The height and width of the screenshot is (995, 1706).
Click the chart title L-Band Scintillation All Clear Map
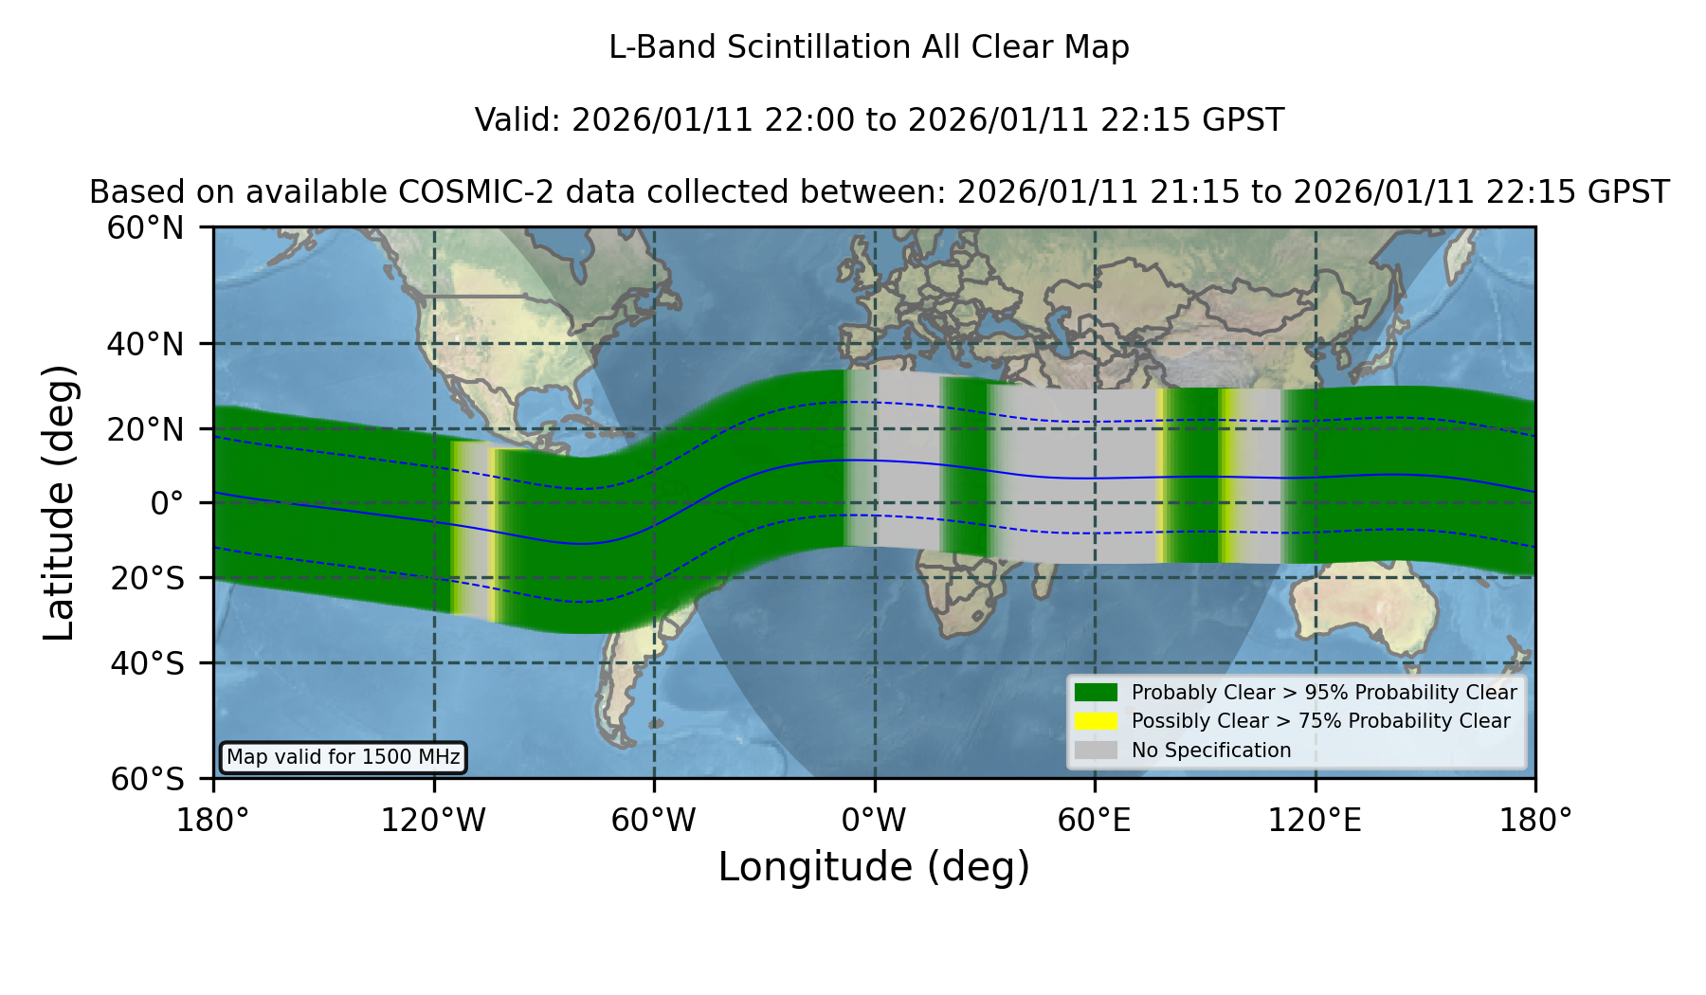(868, 47)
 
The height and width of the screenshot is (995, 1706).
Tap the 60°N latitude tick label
(145, 227)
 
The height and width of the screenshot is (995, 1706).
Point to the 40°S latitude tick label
(147, 663)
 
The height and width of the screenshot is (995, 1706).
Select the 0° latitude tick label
(167, 503)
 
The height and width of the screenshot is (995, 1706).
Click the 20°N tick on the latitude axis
(145, 429)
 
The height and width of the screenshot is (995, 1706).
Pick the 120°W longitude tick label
(433, 820)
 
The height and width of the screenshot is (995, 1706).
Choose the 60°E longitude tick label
(1095, 820)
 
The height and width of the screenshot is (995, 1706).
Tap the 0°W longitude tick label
(874, 820)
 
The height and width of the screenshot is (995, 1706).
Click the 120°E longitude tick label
(1315, 820)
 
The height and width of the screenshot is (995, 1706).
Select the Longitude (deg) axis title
(874, 867)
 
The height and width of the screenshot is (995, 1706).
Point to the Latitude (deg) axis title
(59, 502)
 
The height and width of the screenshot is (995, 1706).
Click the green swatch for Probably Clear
(1097, 693)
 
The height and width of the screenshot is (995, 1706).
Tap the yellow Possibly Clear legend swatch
(1097, 721)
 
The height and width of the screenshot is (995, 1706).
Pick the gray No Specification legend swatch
(1097, 751)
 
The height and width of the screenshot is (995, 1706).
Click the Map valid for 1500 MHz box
(343, 757)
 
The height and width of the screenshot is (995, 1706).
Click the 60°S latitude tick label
(147, 779)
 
